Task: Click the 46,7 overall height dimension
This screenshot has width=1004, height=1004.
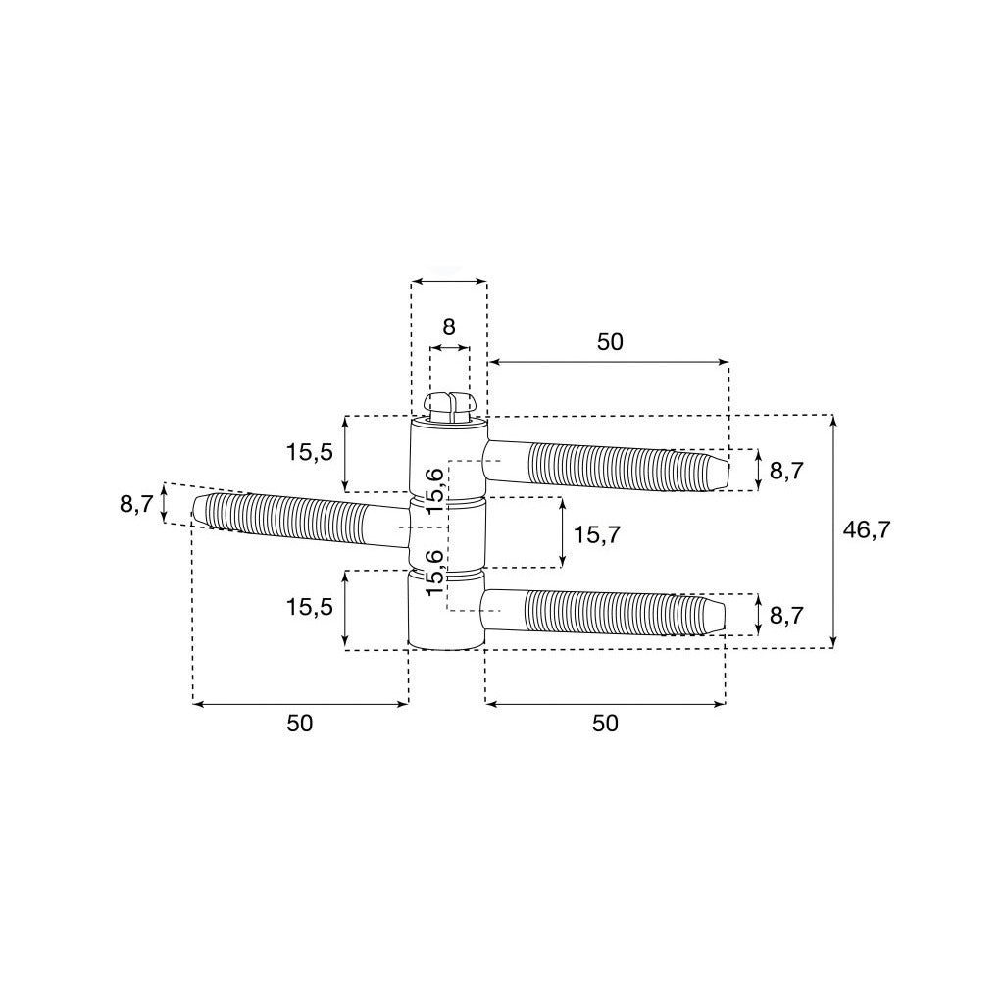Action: pyautogui.click(x=867, y=530)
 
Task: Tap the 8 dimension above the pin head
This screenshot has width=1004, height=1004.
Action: pyautogui.click(x=449, y=326)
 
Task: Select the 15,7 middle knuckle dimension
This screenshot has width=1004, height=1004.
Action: pyautogui.click(x=597, y=534)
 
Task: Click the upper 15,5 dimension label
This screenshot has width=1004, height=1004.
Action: pyautogui.click(x=310, y=453)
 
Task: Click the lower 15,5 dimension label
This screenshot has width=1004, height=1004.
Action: pyautogui.click(x=310, y=607)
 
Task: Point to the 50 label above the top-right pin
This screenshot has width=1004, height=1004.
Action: pyautogui.click(x=610, y=342)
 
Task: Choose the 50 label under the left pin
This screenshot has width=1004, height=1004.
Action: pyautogui.click(x=300, y=724)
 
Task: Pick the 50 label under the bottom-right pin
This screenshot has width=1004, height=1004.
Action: pyautogui.click(x=605, y=724)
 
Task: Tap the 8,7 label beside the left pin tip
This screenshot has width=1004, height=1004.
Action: pyautogui.click(x=136, y=504)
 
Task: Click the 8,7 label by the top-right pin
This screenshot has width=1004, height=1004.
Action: pyautogui.click(x=786, y=472)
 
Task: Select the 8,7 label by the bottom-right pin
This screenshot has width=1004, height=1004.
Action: pyautogui.click(x=786, y=616)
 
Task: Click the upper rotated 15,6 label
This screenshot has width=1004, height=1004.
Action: pyautogui.click(x=434, y=491)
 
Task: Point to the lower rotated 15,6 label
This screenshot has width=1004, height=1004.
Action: pyautogui.click(x=434, y=572)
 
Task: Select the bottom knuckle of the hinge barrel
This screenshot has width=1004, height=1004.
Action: pyautogui.click(x=447, y=611)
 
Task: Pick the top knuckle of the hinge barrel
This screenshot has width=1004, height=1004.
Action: pyautogui.click(x=448, y=456)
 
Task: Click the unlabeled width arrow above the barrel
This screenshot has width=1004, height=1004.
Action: pyautogui.click(x=449, y=280)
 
